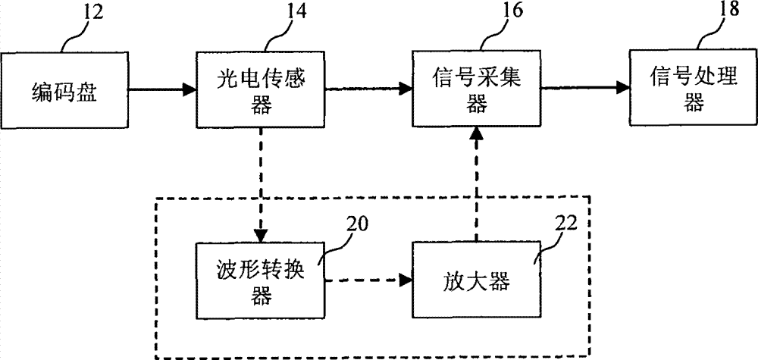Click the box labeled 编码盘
[64, 90]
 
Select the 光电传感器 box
[260, 90]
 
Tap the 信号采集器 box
[475, 90]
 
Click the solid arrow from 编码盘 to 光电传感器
[161, 90]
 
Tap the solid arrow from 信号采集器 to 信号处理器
[583, 90]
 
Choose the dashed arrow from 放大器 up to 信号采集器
[475, 186]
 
